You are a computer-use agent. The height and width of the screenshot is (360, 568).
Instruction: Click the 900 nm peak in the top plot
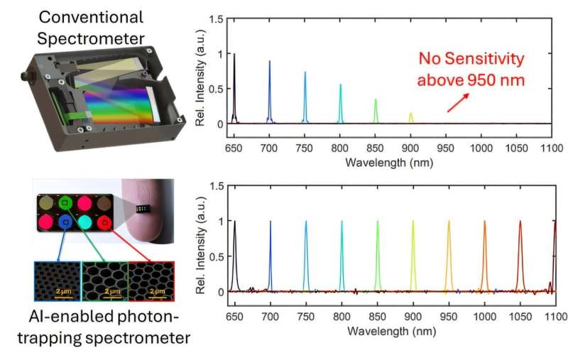tap(410, 117)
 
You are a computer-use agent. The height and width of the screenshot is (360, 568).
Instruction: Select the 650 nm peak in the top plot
tap(234, 89)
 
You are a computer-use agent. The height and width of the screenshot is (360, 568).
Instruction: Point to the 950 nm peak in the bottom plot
tap(449, 256)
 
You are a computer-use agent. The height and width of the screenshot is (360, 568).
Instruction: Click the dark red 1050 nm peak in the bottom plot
tap(520, 256)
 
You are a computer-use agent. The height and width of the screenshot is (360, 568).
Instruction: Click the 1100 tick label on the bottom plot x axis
tap(555, 315)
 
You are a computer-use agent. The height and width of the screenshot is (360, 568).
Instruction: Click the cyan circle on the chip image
tap(84, 222)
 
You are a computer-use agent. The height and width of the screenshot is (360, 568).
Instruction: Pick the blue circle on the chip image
tap(65, 222)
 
